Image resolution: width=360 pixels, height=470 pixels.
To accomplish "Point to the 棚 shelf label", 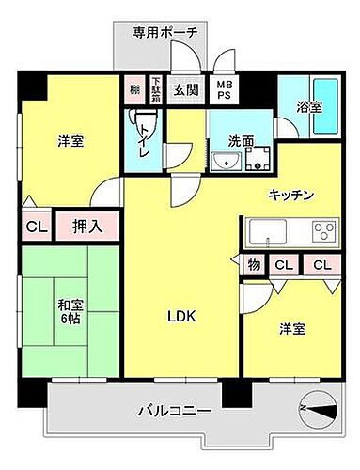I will [134, 91].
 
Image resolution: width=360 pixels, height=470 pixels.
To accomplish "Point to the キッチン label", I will [290, 195].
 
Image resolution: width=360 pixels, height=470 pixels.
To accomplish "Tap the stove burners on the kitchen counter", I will [323, 231].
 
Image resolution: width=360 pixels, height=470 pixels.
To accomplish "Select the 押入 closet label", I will [87, 227].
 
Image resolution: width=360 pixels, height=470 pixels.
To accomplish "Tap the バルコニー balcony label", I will [171, 411].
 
